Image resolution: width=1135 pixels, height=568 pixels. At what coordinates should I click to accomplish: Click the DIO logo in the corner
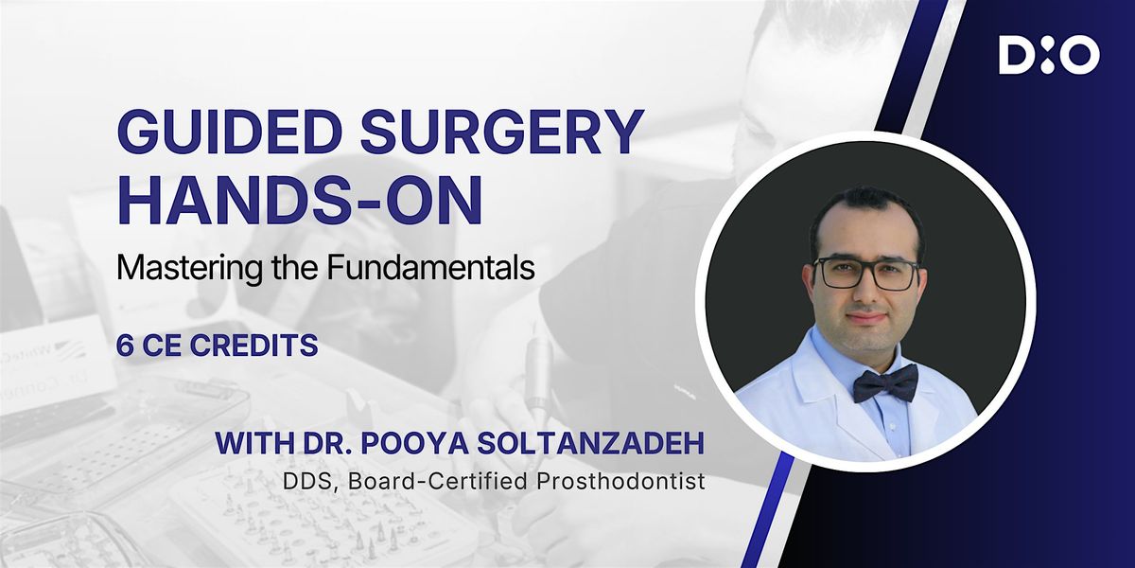point(1049,56)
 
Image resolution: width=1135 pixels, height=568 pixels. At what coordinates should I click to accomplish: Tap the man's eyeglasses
point(865,274)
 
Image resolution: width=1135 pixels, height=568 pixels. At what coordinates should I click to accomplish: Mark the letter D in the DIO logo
point(1016,56)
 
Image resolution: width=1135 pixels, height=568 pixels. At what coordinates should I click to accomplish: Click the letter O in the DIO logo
point(1079,56)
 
